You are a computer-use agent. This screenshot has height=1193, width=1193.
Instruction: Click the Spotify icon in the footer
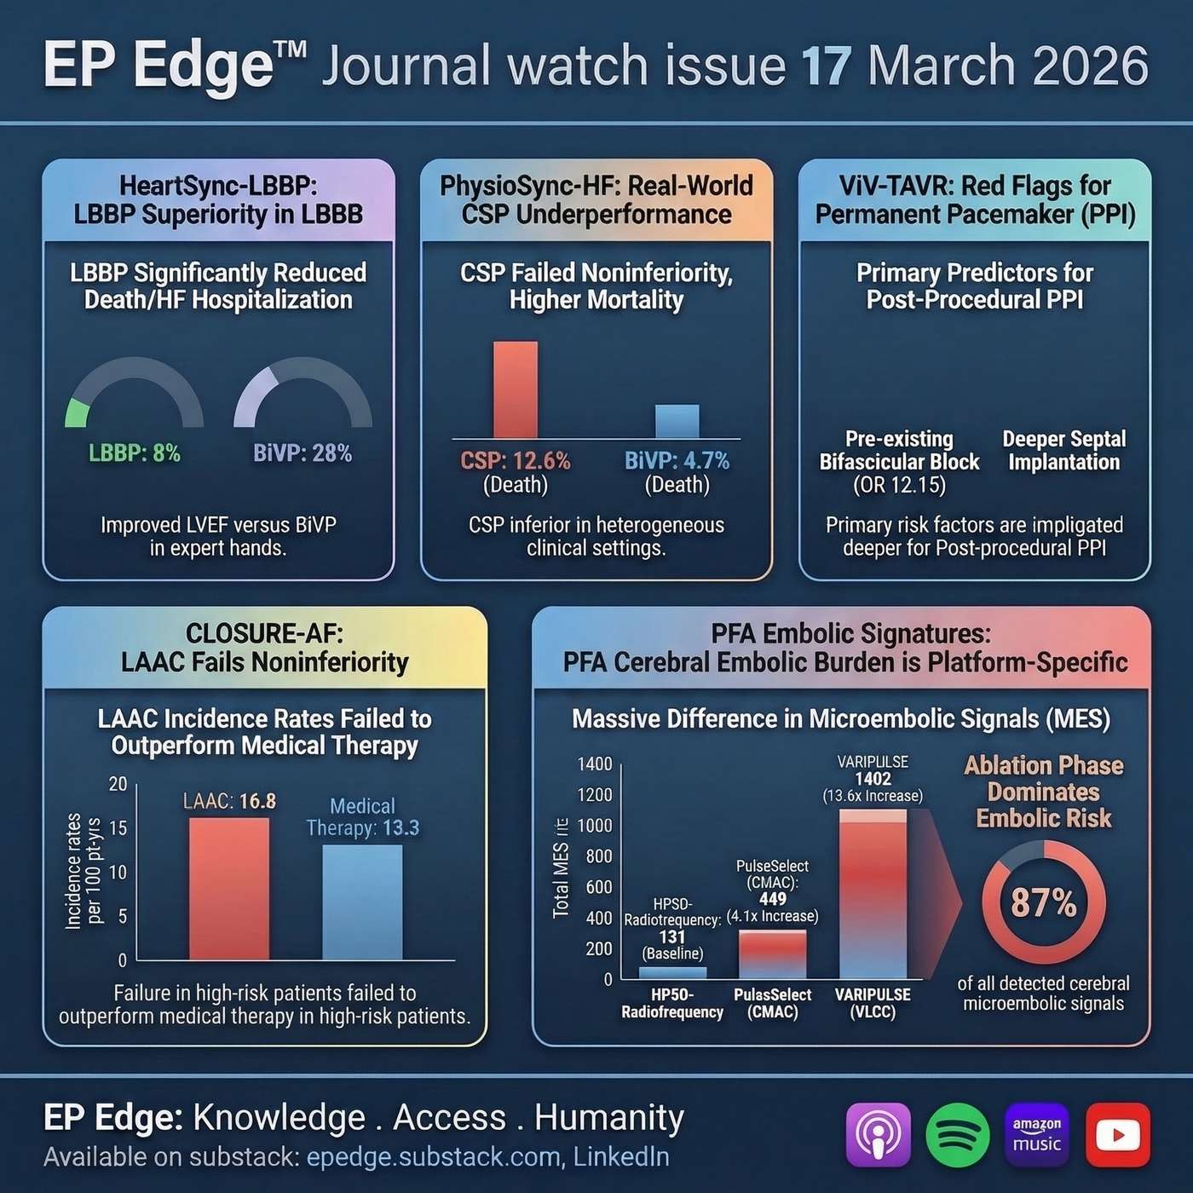pyautogui.click(x=957, y=1135)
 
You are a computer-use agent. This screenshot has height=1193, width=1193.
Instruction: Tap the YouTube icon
pyautogui.click(x=1117, y=1135)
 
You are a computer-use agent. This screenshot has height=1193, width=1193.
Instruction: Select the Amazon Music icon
pyautogui.click(x=1037, y=1135)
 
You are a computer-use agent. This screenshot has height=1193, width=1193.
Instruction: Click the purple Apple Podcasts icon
pyautogui.click(x=878, y=1135)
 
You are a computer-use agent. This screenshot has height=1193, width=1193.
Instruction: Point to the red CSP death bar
pyautogui.click(x=516, y=389)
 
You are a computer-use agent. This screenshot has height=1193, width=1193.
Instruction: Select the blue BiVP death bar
pyautogui.click(x=677, y=421)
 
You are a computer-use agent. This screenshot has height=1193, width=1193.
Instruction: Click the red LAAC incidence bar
pyautogui.click(x=228, y=888)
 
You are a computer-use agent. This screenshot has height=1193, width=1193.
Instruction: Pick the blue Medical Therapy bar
pyautogui.click(x=362, y=902)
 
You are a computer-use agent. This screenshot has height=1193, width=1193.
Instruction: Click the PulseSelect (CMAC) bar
pyautogui.click(x=772, y=954)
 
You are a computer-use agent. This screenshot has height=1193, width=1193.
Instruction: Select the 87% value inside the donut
pyautogui.click(x=1043, y=902)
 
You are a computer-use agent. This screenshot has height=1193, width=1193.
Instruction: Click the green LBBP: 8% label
pyautogui.click(x=135, y=453)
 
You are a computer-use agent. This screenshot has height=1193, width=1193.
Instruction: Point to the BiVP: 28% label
pyautogui.click(x=303, y=453)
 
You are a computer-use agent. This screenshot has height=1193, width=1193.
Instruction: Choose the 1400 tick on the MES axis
pyautogui.click(x=594, y=764)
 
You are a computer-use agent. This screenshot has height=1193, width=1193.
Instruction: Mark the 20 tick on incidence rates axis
pyautogui.click(x=118, y=784)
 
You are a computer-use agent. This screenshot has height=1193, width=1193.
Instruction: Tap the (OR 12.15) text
pyautogui.click(x=899, y=485)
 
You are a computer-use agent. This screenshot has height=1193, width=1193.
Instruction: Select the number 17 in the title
pyautogui.click(x=826, y=66)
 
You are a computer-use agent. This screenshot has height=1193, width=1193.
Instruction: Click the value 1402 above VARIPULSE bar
pyautogui.click(x=873, y=778)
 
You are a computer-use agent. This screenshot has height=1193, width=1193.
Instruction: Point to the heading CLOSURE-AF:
pyautogui.click(x=264, y=633)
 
